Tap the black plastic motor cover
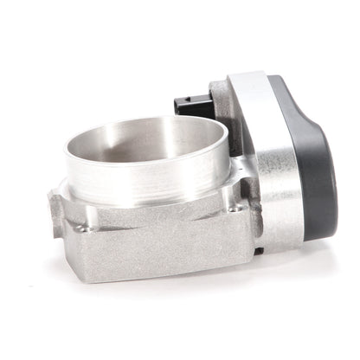tap(308, 156)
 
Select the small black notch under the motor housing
tap(258, 251)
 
